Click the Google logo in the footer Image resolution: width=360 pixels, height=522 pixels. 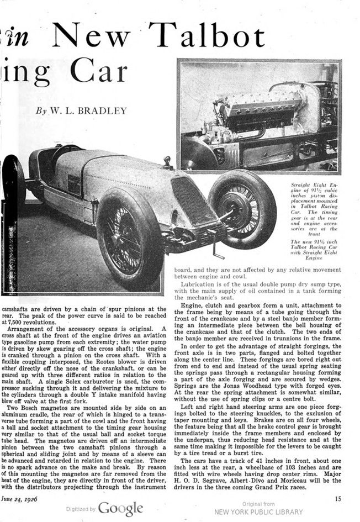coord(120,508)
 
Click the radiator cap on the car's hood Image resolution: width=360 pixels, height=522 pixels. coord(166,162)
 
